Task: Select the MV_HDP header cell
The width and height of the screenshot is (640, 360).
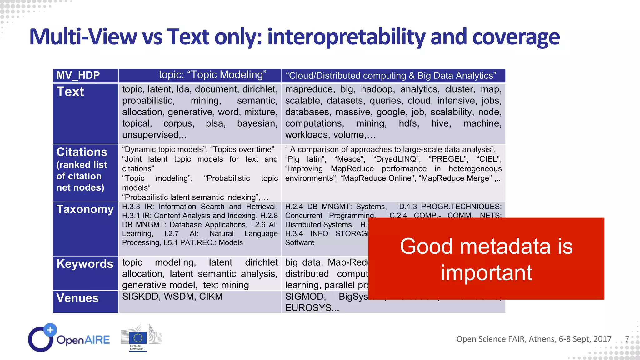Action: [x=78, y=75]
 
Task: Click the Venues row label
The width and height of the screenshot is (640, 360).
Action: [x=77, y=298]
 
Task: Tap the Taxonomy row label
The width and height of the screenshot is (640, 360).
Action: [x=85, y=209]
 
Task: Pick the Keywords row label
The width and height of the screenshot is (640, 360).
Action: [x=85, y=264]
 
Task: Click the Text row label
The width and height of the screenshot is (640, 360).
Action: [x=70, y=92]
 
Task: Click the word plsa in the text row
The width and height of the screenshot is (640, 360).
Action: [x=216, y=123]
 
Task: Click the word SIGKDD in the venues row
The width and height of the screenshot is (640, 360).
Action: [x=141, y=297]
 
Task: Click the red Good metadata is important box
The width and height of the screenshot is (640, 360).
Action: [x=486, y=259]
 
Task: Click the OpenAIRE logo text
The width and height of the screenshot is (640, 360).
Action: [x=83, y=340]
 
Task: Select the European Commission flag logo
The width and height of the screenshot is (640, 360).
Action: [x=138, y=338]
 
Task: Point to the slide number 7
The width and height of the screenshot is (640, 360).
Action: [x=627, y=339]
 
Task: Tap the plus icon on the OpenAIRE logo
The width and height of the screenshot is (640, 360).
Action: [x=50, y=330]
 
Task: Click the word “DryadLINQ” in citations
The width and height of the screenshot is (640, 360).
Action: [x=397, y=159]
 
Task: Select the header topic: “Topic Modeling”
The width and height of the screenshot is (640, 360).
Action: [x=212, y=75]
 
